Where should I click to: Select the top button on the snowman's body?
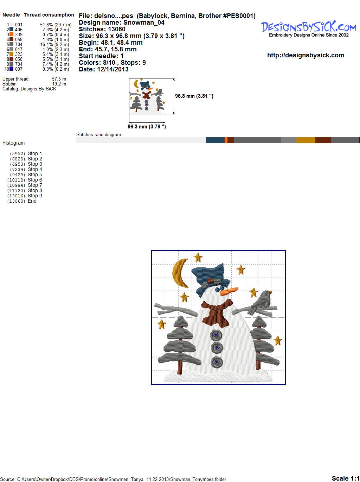click(216, 335)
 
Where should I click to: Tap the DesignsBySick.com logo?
click(308, 29)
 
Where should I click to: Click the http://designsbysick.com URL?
click(306, 55)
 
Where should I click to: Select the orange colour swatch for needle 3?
click(11, 34)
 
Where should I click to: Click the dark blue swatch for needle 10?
click(11, 69)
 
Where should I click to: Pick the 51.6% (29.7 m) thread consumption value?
click(56, 25)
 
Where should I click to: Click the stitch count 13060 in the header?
click(117, 29)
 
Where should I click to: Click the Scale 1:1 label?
click(346, 478)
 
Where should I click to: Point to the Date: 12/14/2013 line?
click(104, 69)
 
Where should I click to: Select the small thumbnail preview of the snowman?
click(147, 96)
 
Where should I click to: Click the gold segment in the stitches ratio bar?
click(306, 140)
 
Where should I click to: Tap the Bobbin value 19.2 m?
click(59, 84)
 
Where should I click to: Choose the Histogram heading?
click(13, 143)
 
